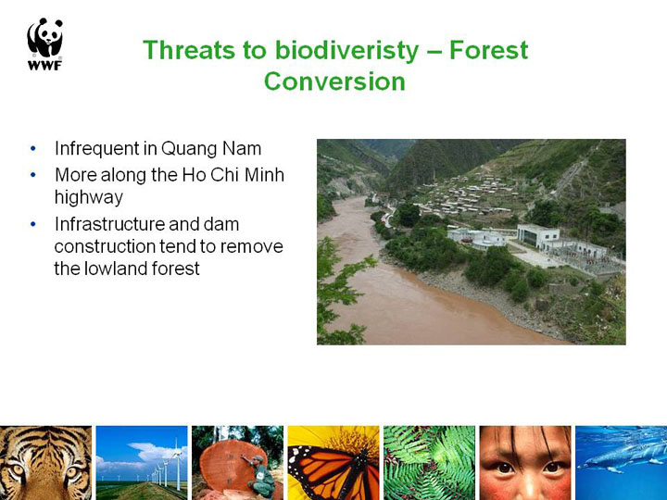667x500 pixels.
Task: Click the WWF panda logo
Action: pos(45,44)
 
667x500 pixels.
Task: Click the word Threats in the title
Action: pos(189,50)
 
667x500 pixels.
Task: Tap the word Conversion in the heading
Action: pos(334,81)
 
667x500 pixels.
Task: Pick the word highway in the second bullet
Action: pos(89,198)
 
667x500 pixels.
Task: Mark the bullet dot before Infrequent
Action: pos(33,149)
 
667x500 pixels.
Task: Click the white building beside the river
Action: pos(538,237)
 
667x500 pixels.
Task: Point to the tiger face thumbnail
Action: pos(45,463)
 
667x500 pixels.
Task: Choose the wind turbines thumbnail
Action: pos(141,463)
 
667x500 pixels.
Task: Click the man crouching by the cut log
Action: pos(259,476)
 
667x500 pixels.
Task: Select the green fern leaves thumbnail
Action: pos(429,463)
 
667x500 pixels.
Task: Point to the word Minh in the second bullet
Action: pos(264,175)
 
